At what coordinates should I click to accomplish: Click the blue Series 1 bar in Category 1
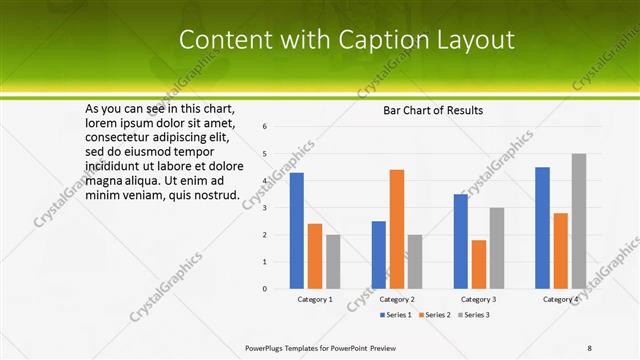[297, 230]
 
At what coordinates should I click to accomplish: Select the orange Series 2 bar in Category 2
[396, 229]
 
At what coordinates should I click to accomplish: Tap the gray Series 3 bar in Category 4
[579, 221]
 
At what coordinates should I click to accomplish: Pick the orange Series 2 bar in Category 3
[479, 264]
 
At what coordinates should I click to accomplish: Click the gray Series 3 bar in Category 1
[333, 261]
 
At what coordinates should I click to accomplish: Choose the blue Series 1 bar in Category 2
[378, 254]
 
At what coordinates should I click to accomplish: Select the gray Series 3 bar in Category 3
[497, 248]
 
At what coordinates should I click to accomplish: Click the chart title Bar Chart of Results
[433, 110]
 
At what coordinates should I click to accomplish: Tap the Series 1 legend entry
[397, 315]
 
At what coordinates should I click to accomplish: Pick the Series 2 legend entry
[434, 315]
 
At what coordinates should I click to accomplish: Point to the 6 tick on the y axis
[265, 127]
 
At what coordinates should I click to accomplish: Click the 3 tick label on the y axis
[265, 208]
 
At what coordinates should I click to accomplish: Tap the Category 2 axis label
[397, 299]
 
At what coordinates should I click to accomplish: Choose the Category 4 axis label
[561, 299]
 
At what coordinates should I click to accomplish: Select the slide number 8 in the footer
[590, 348]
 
